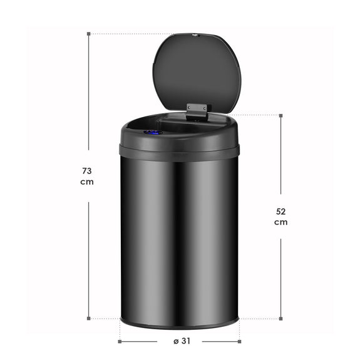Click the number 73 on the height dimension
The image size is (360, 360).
coord(88,170)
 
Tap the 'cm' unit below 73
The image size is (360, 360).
coord(88,182)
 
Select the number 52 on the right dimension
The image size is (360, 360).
coord(280,211)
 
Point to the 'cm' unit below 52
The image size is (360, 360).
coord(280,223)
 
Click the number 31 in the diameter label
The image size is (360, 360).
coord(186,341)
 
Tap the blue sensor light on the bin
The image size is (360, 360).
coord(152,132)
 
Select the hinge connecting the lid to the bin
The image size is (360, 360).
coord(197,110)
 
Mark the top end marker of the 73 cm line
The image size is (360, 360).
coord(89,34)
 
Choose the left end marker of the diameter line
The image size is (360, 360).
coord(120,341)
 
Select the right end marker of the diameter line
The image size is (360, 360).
coord(240,341)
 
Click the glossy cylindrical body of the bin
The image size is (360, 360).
coord(179,238)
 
